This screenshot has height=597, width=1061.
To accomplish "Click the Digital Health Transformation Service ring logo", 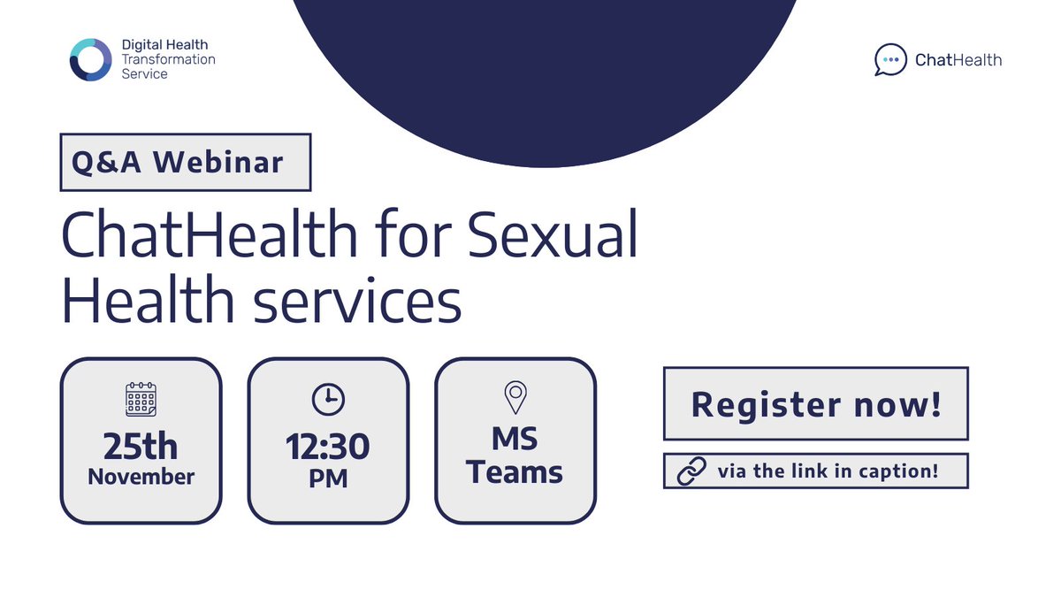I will coord(91,60).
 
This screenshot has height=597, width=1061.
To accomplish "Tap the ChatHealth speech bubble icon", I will coord(890,60).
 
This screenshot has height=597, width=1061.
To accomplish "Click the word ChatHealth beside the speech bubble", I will coord(958,60).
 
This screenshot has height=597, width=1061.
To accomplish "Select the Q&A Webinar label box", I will coord(186,162).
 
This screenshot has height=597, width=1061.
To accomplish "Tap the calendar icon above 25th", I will coord(141,400).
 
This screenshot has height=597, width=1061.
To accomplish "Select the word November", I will coord(141,477).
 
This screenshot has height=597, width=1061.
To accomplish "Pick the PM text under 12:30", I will coord(328,478).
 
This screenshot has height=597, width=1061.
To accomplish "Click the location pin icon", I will coord(515,398).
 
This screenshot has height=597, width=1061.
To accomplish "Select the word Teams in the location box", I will coord(515,471).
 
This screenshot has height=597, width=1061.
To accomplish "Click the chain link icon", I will coord(691,471).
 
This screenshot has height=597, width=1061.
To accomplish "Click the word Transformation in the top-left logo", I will coord(168,59).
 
